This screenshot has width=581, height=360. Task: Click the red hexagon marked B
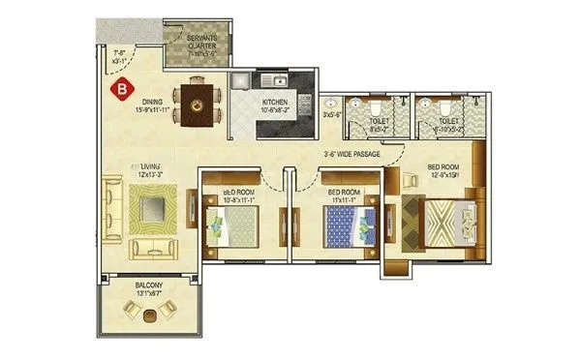121,90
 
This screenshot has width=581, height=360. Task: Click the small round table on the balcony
148,315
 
